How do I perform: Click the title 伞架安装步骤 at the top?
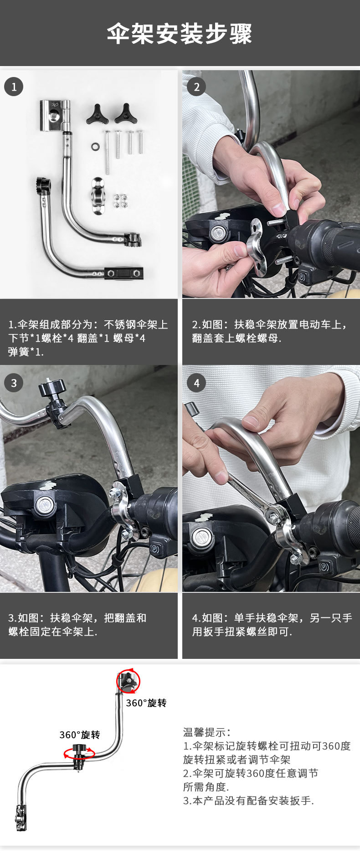(180, 34)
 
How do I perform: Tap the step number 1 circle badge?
(14, 87)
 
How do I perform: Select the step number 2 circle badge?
(196, 87)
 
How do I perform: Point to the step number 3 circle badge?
(14, 383)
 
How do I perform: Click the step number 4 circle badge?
(196, 383)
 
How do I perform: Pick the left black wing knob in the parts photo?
(97, 115)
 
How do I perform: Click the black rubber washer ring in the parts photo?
(96, 147)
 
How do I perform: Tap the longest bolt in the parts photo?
(108, 152)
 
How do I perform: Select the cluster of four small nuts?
(120, 201)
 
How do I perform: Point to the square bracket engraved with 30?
(54, 115)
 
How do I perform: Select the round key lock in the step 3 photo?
(45, 504)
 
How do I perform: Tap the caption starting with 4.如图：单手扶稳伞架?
(272, 624)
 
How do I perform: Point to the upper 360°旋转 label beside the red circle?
(146, 703)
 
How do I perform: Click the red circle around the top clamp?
(129, 682)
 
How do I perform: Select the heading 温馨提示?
(207, 732)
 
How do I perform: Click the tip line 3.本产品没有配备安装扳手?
(248, 801)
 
